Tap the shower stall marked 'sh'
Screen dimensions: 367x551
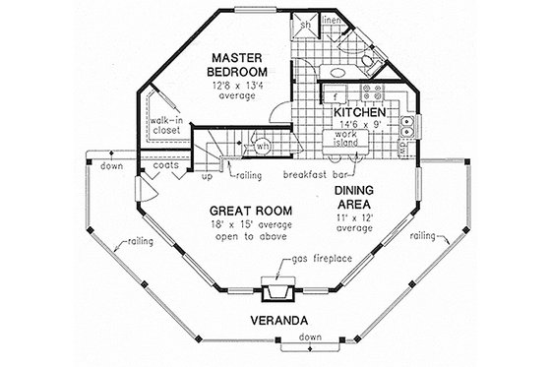[306, 24]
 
